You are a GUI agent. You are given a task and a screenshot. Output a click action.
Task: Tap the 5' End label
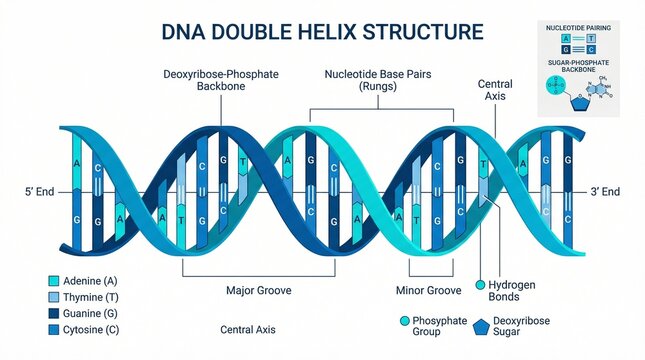(x=39, y=190)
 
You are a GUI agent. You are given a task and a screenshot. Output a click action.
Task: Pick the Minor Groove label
(x=430, y=290)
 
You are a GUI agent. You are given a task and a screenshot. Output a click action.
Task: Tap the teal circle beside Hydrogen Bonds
(x=479, y=285)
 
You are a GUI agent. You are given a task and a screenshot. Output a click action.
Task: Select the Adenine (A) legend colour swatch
(x=54, y=281)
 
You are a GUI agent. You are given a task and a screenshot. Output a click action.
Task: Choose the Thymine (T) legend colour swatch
(x=54, y=297)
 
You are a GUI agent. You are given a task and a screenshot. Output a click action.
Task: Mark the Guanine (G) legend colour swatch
(x=54, y=313)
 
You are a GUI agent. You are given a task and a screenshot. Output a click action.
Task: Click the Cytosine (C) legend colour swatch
(x=54, y=329)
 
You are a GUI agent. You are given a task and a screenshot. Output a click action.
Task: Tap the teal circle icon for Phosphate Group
(x=404, y=321)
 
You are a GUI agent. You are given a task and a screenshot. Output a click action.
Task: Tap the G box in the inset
(x=566, y=48)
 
